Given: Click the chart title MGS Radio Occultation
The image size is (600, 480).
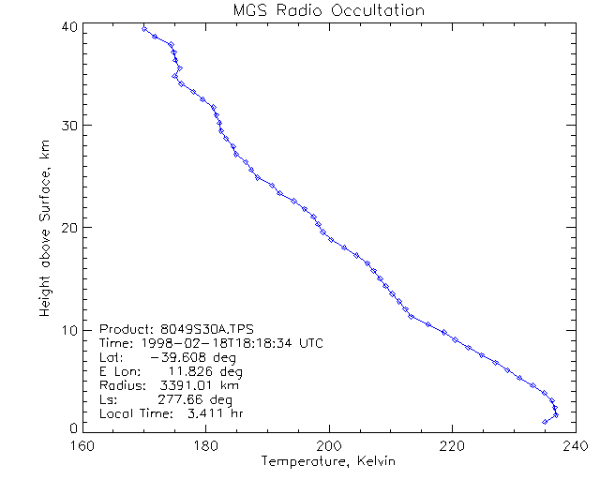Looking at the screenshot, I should click(x=328, y=11).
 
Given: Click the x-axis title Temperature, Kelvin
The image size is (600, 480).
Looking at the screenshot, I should click(x=328, y=461).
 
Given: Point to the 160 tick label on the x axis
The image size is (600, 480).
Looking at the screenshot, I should click(x=83, y=445).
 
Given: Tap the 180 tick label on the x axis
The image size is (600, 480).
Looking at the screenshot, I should click(x=206, y=445).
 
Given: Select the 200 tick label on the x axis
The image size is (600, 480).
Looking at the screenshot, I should click(x=329, y=445).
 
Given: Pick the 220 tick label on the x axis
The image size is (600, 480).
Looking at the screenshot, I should click(x=452, y=445).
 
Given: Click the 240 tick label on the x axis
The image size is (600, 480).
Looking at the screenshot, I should click(x=574, y=445).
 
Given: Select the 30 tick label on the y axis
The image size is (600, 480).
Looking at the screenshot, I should click(x=67, y=126).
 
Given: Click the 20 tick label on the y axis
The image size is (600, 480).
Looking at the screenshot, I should click(x=67, y=228).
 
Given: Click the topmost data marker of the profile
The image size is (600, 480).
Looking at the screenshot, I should click(x=144, y=29).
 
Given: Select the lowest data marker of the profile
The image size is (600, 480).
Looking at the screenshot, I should click(x=545, y=422).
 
